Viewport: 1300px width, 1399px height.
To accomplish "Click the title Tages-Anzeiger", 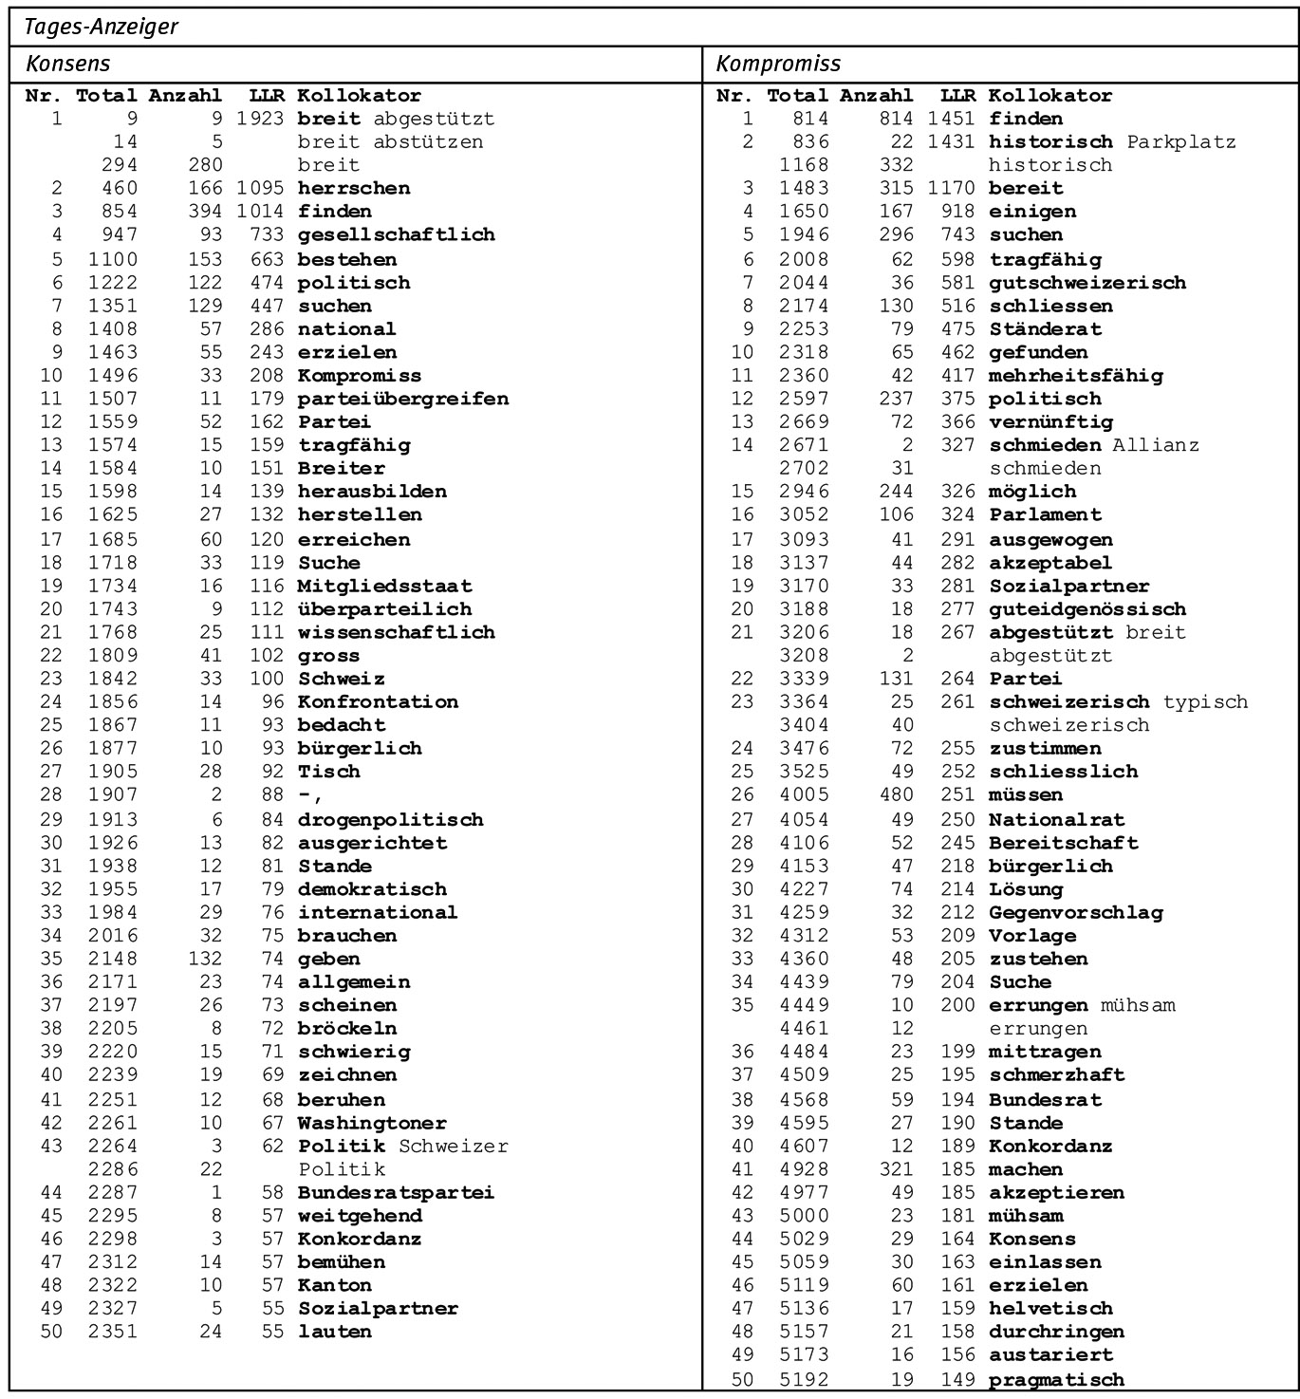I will tap(101, 27).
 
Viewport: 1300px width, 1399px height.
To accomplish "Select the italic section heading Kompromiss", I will tap(778, 64).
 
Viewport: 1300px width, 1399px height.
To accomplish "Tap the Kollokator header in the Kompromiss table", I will tap(1049, 95).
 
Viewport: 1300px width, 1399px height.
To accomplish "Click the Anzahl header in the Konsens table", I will tap(185, 95).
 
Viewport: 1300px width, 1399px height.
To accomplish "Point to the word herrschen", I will tap(354, 188).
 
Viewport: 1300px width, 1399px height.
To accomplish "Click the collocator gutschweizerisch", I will tap(1086, 283).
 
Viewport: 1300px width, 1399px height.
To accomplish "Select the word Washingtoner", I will tap(372, 1123).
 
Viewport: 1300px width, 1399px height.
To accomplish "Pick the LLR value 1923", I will tap(260, 119).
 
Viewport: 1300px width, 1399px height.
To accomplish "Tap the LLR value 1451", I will tap(951, 119).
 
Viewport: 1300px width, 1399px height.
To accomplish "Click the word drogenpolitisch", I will tap(390, 819).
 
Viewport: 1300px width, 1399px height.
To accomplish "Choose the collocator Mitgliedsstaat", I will tap(384, 586).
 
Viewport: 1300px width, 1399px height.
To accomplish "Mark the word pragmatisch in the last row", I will tap(1056, 1379).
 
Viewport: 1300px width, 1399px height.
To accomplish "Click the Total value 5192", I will tap(804, 1379).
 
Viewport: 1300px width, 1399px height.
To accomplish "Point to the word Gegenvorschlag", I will tap(1075, 912).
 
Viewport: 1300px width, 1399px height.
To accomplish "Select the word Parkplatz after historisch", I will tap(1181, 141).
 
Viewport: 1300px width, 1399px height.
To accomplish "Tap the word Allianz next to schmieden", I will tap(1156, 444).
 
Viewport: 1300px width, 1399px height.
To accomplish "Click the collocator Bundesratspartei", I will tap(396, 1192).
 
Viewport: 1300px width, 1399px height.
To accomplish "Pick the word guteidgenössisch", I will tap(1086, 608).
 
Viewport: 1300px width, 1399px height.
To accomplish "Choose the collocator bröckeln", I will tap(347, 1028).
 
